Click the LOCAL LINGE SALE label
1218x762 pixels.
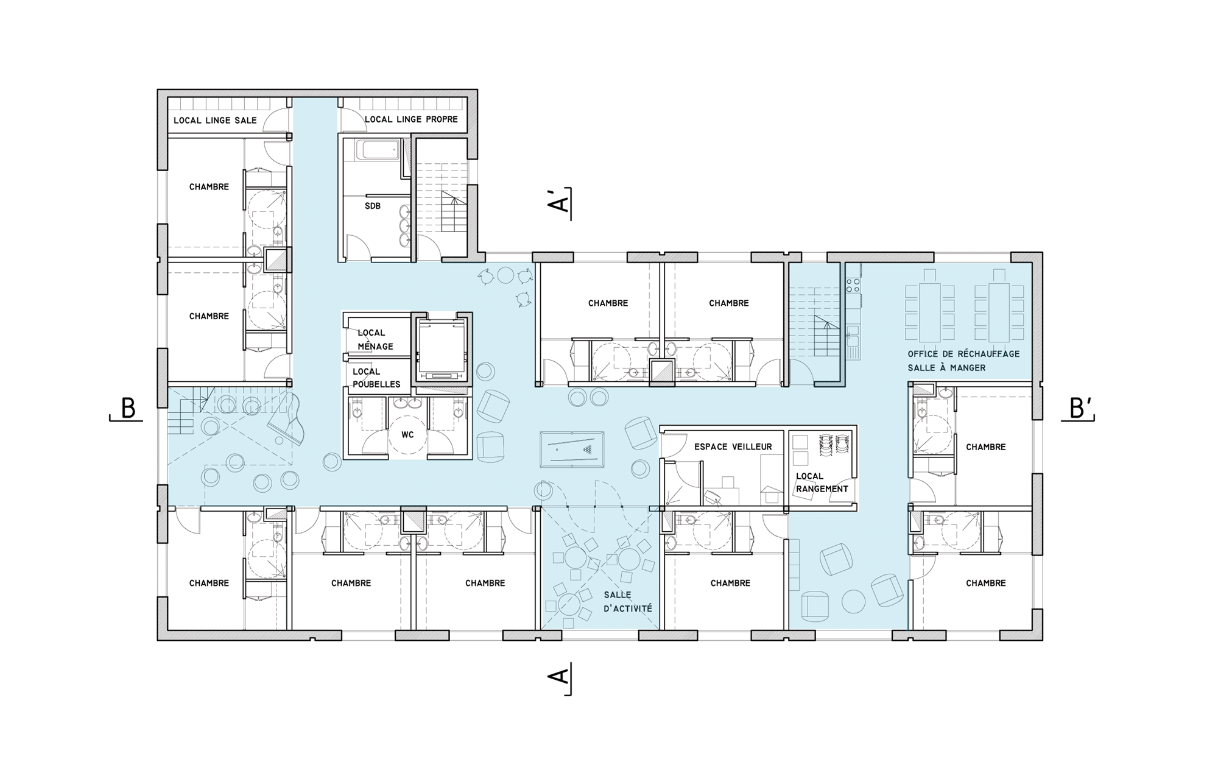tap(215, 121)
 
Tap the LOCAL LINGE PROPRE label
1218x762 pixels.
tap(411, 119)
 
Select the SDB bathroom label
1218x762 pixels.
tap(373, 206)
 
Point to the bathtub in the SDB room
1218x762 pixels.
tap(378, 150)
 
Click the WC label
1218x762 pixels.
tap(407, 435)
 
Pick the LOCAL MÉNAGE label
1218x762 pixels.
tap(375, 340)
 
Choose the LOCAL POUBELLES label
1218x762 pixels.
tap(376, 378)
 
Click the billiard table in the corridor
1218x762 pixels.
tap(572, 449)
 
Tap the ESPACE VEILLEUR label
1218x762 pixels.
tap(733, 447)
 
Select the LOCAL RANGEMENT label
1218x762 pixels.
tap(822, 482)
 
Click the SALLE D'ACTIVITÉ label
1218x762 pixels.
tap(628, 602)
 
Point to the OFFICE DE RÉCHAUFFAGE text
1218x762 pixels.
tap(963, 354)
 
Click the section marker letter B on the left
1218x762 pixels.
tap(128, 408)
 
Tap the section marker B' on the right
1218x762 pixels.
tap(1080, 408)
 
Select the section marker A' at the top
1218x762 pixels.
tap(558, 200)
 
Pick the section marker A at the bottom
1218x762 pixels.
tap(558, 676)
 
